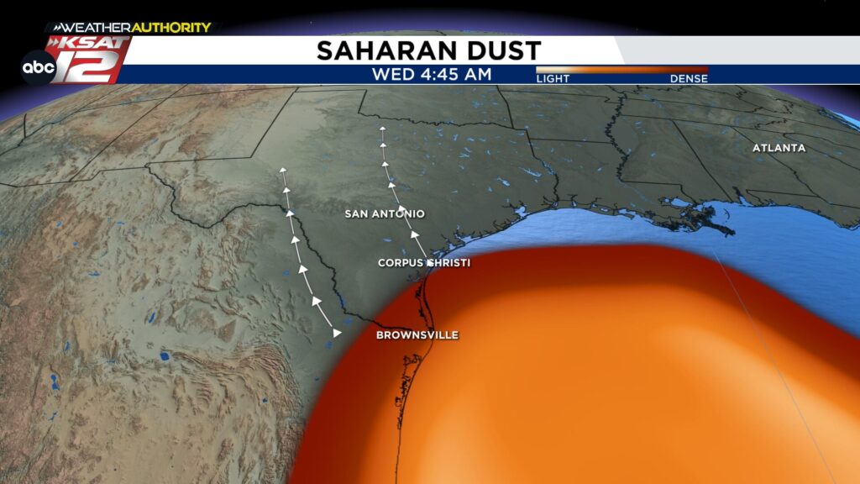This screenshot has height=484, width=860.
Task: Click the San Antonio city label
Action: pyautogui.click(x=385, y=214)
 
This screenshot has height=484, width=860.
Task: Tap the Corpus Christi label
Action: pyautogui.click(x=423, y=263)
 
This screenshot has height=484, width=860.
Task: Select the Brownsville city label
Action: pyautogui.click(x=417, y=335)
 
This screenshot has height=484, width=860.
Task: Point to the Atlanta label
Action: pyautogui.click(x=779, y=148)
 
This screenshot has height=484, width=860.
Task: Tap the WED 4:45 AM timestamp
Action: pyautogui.click(x=433, y=75)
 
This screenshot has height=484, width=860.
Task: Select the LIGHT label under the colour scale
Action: pyautogui.click(x=553, y=79)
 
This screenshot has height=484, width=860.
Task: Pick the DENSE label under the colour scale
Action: pyautogui.click(x=689, y=79)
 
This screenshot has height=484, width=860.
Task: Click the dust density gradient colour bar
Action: pyautogui.click(x=621, y=70)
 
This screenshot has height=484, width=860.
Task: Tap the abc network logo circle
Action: pyautogui.click(x=39, y=66)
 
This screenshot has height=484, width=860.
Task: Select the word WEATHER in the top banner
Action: pyautogui.click(x=92, y=28)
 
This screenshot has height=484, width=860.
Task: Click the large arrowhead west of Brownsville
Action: pyautogui.click(x=337, y=333)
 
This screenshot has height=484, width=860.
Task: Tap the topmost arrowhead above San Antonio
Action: pyautogui.click(x=382, y=129)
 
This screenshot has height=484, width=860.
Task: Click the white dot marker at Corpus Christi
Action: pyautogui.click(x=429, y=263)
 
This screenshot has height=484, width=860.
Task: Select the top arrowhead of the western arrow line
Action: pyautogui.click(x=283, y=171)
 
